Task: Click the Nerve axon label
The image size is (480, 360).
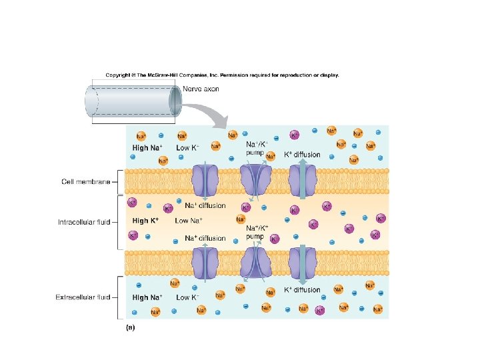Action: click(201, 89)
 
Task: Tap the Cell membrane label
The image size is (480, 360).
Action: click(85, 181)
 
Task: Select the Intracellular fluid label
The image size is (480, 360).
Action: click(84, 221)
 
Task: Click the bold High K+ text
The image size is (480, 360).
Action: click(145, 221)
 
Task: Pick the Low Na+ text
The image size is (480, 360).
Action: click(188, 221)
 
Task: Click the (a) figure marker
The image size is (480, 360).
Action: click(131, 327)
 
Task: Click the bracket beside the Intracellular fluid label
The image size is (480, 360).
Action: click(117, 221)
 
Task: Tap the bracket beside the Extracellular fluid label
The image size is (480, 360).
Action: click(117, 297)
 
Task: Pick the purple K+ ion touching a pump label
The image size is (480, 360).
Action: click(274, 239)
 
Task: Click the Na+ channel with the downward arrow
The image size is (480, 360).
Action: click(206, 180)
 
